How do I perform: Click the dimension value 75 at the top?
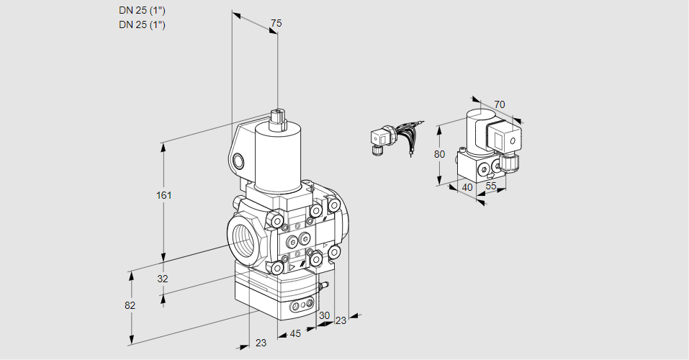276,24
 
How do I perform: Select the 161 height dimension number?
166,195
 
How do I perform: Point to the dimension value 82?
130,305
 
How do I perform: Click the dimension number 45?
294,333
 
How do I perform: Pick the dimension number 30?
324,315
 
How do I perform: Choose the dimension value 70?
500,104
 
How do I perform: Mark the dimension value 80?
441,154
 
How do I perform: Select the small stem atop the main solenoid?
277,117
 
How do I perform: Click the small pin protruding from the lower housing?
325,286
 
